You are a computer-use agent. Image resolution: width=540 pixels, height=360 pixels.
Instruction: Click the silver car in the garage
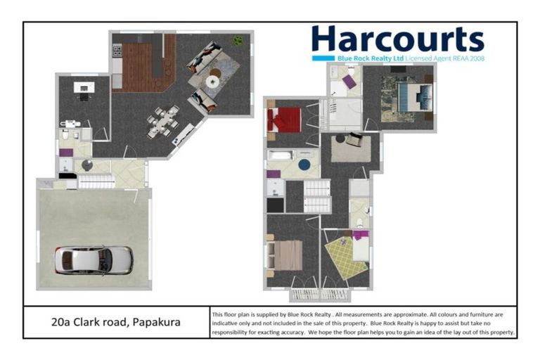94,260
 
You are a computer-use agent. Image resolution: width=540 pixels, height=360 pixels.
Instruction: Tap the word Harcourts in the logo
397,39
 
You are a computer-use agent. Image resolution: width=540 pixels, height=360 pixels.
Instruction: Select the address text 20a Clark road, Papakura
115,322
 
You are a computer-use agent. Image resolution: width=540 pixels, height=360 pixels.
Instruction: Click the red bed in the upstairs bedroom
284,120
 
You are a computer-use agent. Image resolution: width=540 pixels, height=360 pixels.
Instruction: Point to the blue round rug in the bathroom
305,165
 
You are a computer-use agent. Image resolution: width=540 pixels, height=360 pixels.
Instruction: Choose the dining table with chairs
163,121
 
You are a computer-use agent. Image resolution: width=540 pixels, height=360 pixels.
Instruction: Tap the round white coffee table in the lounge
212,82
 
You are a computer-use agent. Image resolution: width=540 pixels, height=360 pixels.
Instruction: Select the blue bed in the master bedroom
410,96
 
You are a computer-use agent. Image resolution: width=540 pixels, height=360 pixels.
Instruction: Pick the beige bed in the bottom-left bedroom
285,255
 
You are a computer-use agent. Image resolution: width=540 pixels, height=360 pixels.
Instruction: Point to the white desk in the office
84,88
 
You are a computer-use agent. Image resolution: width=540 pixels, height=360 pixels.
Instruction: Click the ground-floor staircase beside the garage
94,181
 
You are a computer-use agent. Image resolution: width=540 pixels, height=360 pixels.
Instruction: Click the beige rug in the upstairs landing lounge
351,148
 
